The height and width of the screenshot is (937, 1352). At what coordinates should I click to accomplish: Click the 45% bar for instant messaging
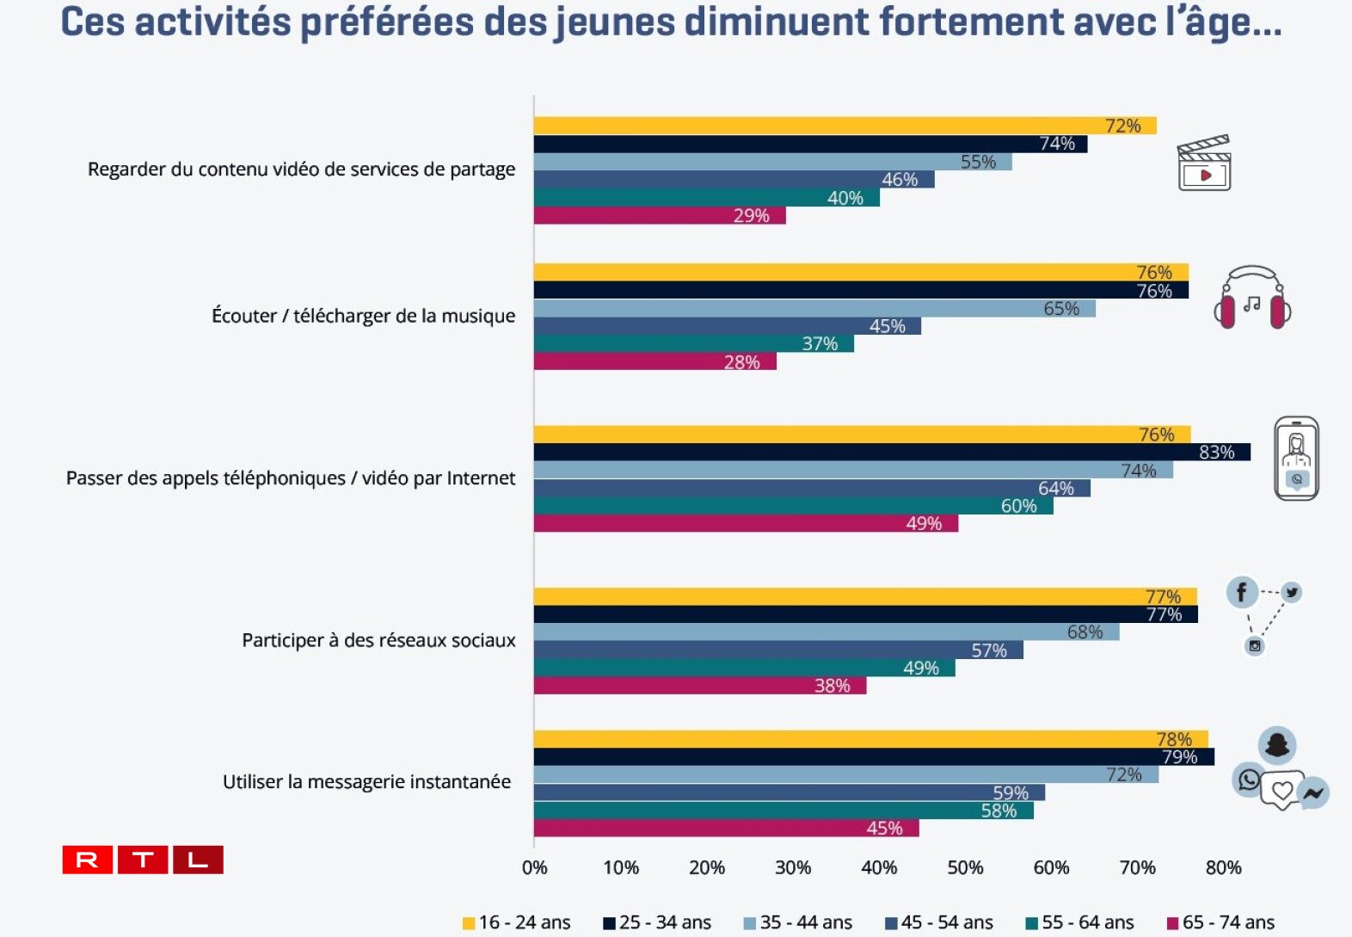tap(726, 829)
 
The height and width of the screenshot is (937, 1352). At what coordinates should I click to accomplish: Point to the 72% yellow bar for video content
tap(844, 126)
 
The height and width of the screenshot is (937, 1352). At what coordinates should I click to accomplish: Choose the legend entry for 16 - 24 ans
tap(516, 922)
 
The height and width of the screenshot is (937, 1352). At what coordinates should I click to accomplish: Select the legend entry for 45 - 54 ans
tap(938, 922)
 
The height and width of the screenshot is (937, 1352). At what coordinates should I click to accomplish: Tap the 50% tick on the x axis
tap(965, 867)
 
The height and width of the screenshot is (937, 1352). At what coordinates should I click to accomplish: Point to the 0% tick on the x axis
tap(534, 867)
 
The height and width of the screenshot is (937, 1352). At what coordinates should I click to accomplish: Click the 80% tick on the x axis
tap(1223, 867)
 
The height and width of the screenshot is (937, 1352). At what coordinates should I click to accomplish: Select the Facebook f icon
tap(1241, 592)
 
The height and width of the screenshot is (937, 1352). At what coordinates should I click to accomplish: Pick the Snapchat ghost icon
tap(1277, 744)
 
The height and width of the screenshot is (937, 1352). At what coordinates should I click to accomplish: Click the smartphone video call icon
tap(1296, 458)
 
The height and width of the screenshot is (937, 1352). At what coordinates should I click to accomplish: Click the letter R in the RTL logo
tap(88, 860)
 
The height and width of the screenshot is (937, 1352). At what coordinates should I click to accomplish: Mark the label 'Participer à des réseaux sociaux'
tap(378, 640)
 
